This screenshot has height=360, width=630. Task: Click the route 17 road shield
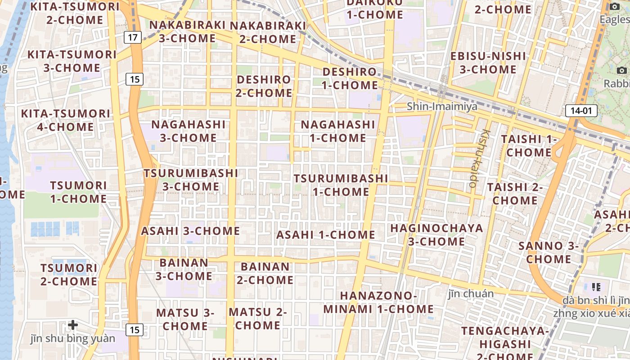pyautogui.click(x=132, y=37)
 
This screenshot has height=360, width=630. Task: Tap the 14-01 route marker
pyautogui.click(x=581, y=111)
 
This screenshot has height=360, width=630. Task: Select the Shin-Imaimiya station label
pyautogui.click(x=442, y=107)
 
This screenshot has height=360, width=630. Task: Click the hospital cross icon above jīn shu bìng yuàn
pyautogui.click(x=73, y=324)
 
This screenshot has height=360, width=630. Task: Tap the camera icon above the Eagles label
pyautogui.click(x=615, y=6)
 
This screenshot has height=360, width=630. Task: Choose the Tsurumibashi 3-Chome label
pyautogui.click(x=191, y=180)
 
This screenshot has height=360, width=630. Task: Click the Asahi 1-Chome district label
pyautogui.click(x=325, y=234)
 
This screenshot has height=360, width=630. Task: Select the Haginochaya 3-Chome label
pyautogui.click(x=436, y=234)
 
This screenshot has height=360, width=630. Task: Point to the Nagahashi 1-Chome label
pyautogui.click(x=337, y=131)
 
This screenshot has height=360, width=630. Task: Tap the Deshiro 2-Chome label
pyautogui.click(x=264, y=86)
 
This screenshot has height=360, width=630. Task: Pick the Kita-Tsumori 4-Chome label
pyautogui.click(x=66, y=120)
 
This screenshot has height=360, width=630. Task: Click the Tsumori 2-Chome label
pyautogui.click(x=69, y=274)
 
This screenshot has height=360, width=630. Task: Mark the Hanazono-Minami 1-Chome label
pyautogui.click(x=378, y=302)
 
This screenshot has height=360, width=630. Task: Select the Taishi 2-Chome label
pyautogui.click(x=515, y=193)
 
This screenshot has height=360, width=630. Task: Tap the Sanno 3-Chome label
pyautogui.click(x=548, y=252)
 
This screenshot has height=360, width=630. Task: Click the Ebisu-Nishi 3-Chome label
pyautogui.click(x=488, y=63)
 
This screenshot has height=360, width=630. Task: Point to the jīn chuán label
pyautogui.click(x=471, y=294)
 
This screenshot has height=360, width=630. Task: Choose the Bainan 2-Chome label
pyautogui.click(x=265, y=273)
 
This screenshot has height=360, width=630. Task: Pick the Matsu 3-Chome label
pyautogui.click(x=185, y=319)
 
